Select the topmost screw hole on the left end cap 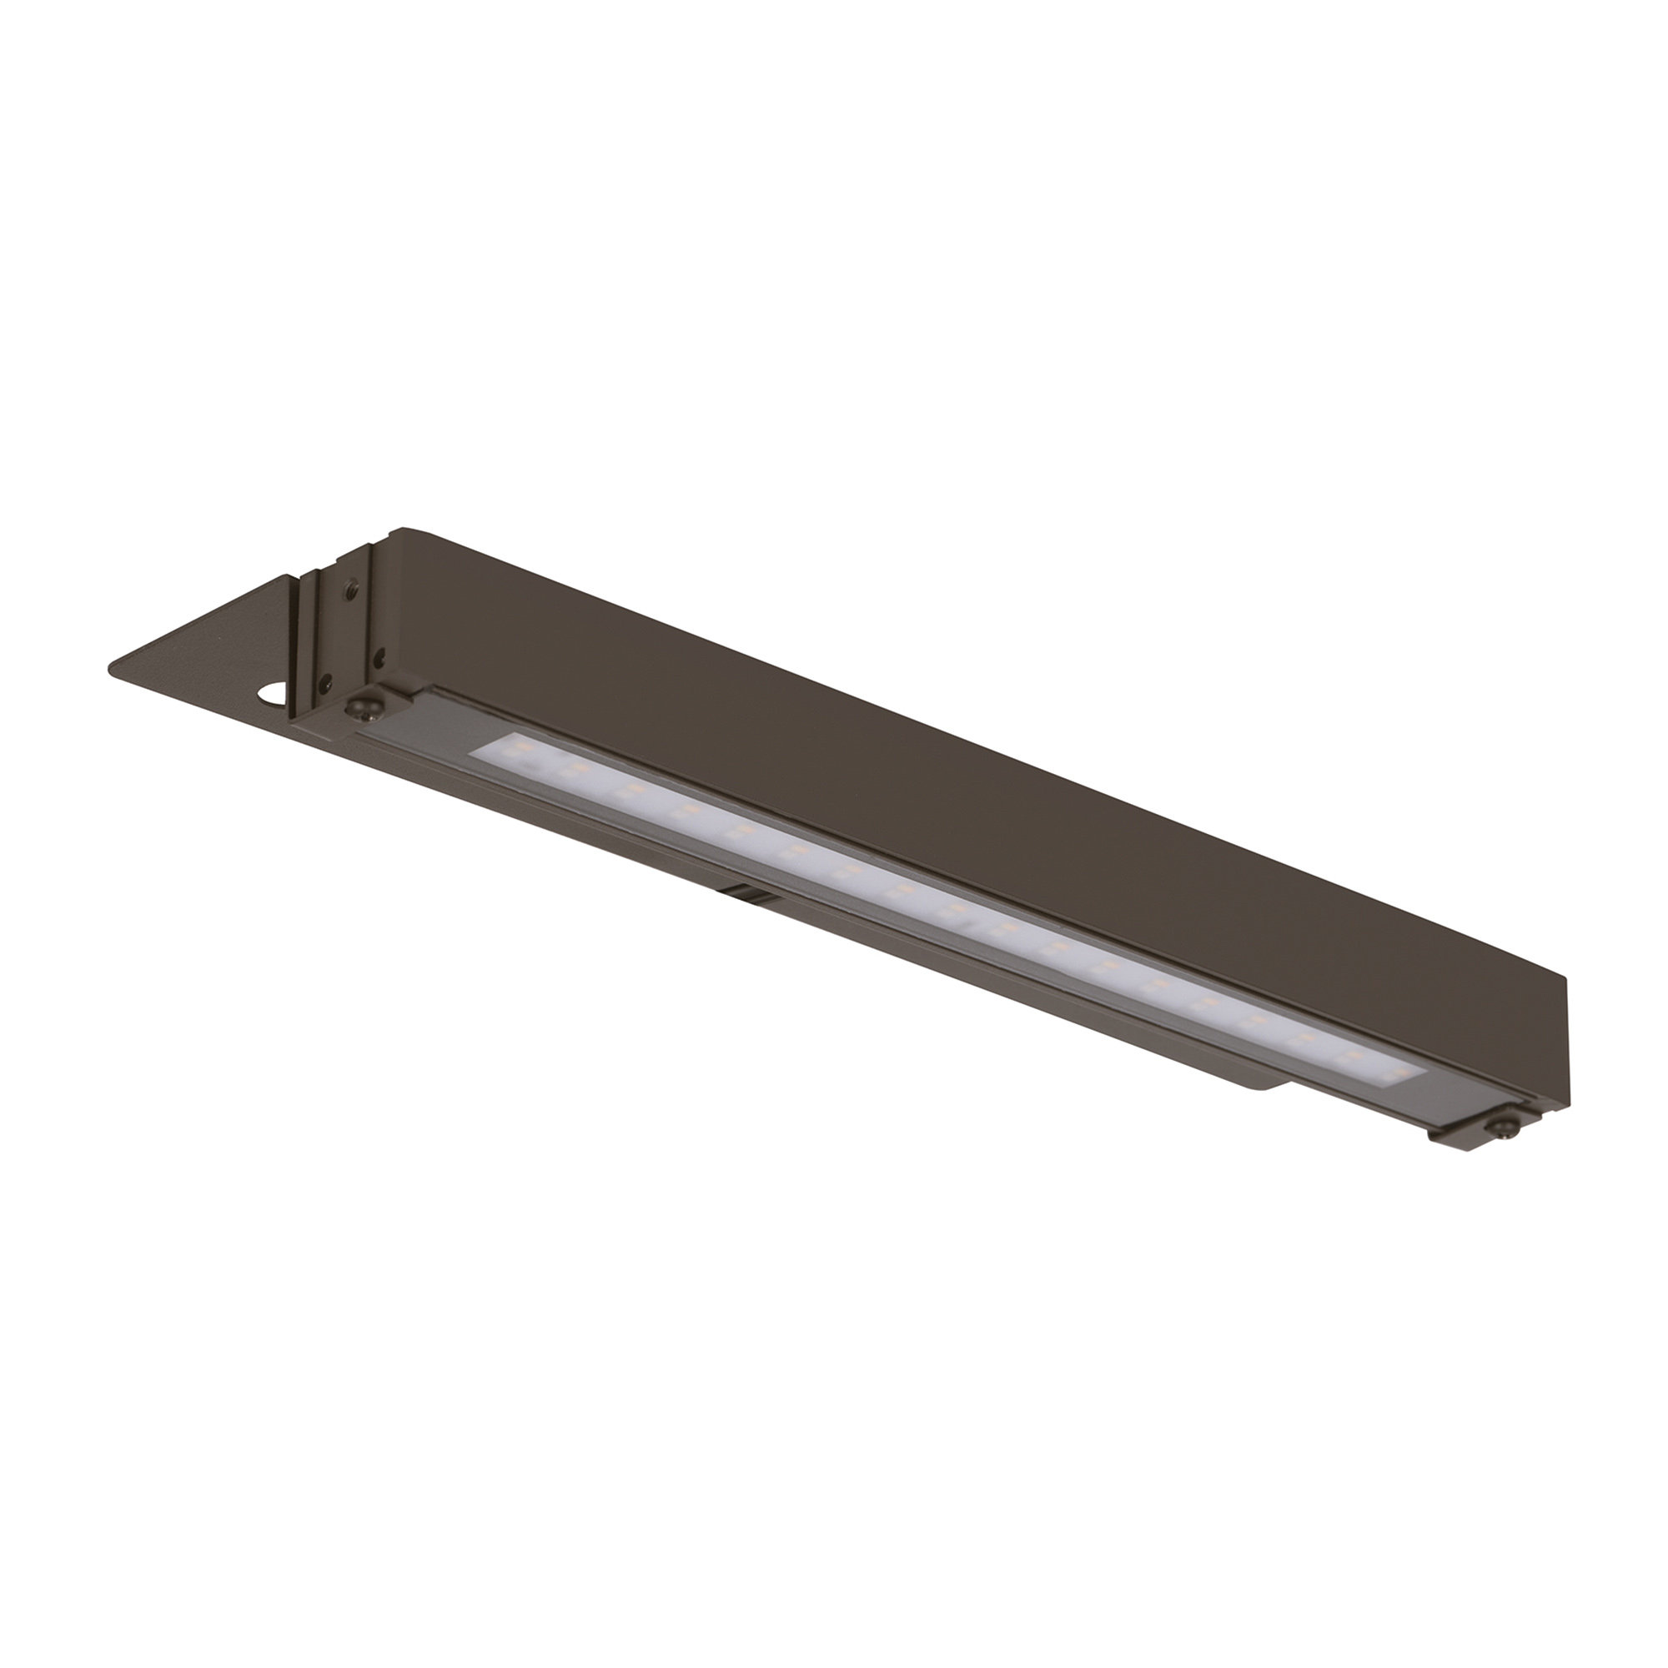pos(351,589)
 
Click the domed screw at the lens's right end pos(1503,1128)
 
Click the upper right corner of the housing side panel pos(1564,979)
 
